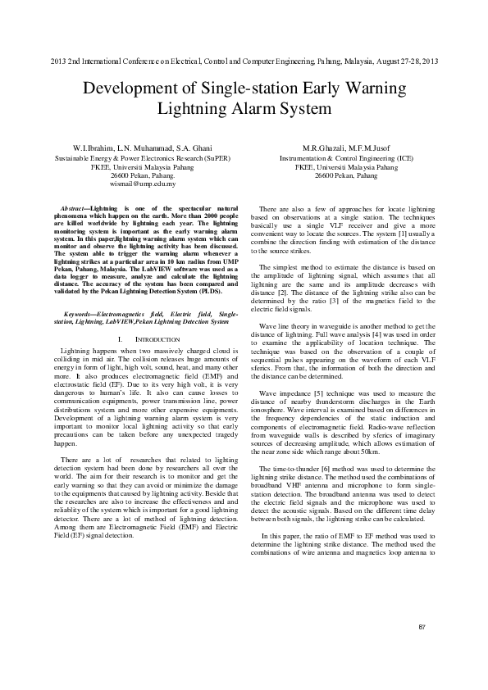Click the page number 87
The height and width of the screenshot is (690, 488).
[422, 628]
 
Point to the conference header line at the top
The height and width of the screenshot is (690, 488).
[244, 61]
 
